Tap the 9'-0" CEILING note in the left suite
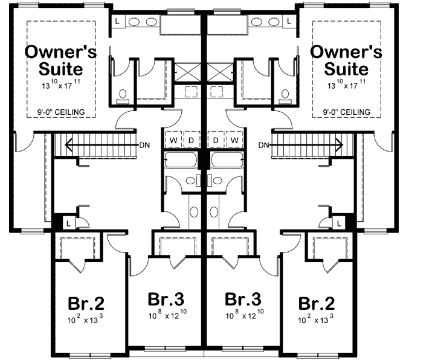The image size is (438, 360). click(x=60, y=112)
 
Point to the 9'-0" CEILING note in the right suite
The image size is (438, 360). click(x=346, y=112)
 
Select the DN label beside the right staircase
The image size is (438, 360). click(x=263, y=145)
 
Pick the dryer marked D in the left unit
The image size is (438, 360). click(x=192, y=140)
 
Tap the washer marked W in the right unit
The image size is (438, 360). click(x=234, y=140)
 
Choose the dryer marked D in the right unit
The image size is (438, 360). click(x=215, y=140)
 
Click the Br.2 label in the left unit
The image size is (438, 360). click(x=82, y=302)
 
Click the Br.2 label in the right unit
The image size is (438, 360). click(x=316, y=302)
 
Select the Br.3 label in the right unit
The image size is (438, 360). click(x=242, y=299)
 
